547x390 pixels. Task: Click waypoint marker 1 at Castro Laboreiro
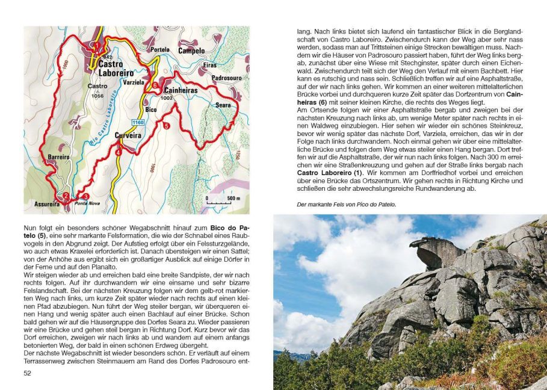96,44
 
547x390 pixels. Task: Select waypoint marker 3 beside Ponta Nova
85,196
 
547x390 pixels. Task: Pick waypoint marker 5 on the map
165,125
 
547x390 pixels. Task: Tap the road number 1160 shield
138,122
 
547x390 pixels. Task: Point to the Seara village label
222,105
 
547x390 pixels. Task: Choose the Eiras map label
210,65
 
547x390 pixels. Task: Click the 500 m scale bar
221,202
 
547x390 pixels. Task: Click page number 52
27,374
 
